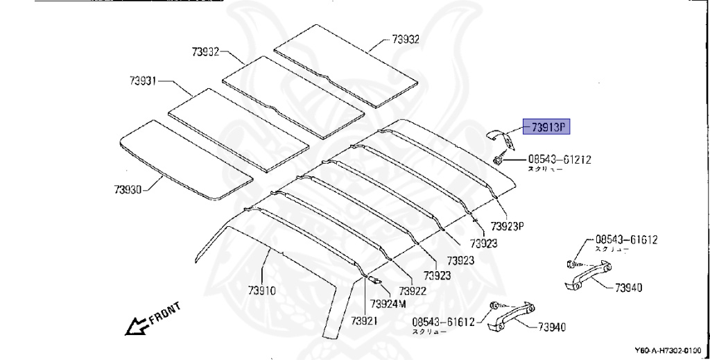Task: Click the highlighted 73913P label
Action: pos(549,126)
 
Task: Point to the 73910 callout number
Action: pos(262,291)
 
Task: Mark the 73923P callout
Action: pos(510,227)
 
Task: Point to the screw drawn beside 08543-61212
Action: pos(499,161)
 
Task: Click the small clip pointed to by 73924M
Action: pos(374,280)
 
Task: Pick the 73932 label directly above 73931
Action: pos(206,52)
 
